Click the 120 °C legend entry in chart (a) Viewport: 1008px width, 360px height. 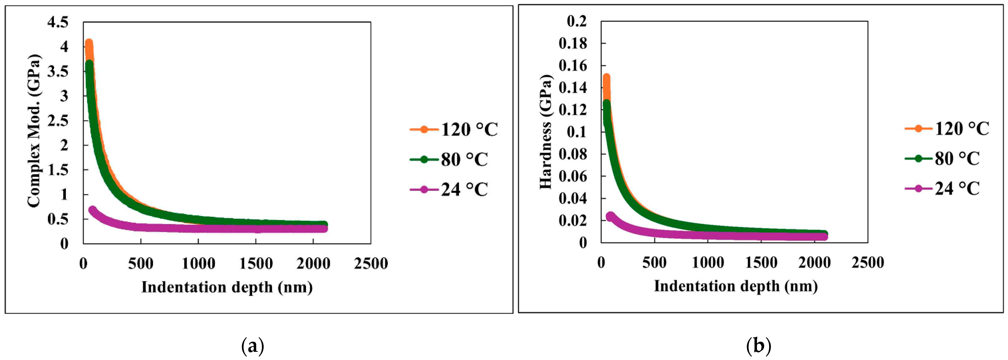coord(454,129)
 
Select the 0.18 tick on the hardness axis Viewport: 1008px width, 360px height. coord(573,44)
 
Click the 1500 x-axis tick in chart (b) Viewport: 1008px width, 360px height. coord(761,263)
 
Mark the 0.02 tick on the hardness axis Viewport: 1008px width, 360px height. coord(573,221)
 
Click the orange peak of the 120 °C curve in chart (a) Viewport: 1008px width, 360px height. coord(89,43)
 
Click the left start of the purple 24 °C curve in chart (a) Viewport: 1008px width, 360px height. coord(92,210)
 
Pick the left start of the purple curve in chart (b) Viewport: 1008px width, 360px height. coord(610,216)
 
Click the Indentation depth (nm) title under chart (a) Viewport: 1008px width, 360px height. coord(227,288)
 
